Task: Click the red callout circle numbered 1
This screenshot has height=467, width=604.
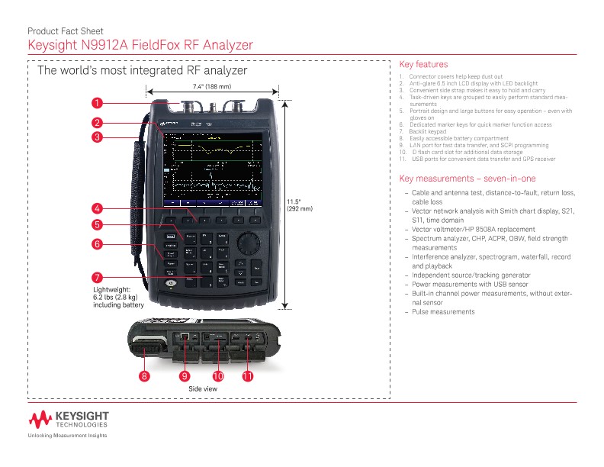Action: [x=97, y=102]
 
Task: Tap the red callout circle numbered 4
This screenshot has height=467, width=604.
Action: [x=97, y=208]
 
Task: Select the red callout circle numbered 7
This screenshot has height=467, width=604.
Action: [x=97, y=277]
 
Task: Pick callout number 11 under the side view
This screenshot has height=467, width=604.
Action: [x=247, y=376]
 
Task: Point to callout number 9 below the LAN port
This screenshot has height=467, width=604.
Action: [x=184, y=376]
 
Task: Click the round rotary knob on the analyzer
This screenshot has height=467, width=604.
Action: [x=246, y=243]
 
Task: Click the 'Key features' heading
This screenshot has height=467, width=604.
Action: [x=423, y=65]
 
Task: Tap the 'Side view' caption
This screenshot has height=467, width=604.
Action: [x=203, y=389]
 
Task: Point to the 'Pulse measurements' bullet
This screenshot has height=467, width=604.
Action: [x=443, y=312]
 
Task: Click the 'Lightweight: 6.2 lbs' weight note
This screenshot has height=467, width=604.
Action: [x=118, y=297]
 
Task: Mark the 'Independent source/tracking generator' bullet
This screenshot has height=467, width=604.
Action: [x=471, y=275]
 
